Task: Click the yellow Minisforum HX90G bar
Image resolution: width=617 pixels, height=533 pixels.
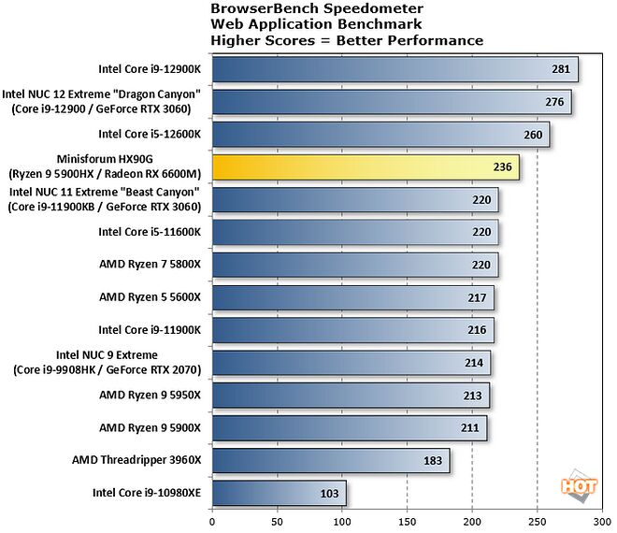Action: click(x=366, y=167)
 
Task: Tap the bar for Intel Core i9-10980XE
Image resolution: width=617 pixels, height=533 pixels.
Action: click(x=279, y=493)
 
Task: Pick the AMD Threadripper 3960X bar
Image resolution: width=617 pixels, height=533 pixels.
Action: click(x=331, y=460)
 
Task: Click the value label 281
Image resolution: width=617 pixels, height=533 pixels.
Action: click(x=561, y=69)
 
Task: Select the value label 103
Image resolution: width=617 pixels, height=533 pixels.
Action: click(x=330, y=493)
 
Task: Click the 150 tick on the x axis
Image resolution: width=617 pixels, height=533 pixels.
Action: click(x=408, y=520)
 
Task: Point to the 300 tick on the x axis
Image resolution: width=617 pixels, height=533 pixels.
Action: click(x=601, y=520)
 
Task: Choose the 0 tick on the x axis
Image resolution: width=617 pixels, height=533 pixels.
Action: click(x=213, y=520)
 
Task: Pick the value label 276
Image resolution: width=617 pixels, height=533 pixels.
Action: click(x=554, y=102)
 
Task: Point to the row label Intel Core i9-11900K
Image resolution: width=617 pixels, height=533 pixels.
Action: click(x=152, y=330)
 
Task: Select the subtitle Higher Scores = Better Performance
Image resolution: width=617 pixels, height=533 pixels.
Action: click(x=347, y=40)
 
